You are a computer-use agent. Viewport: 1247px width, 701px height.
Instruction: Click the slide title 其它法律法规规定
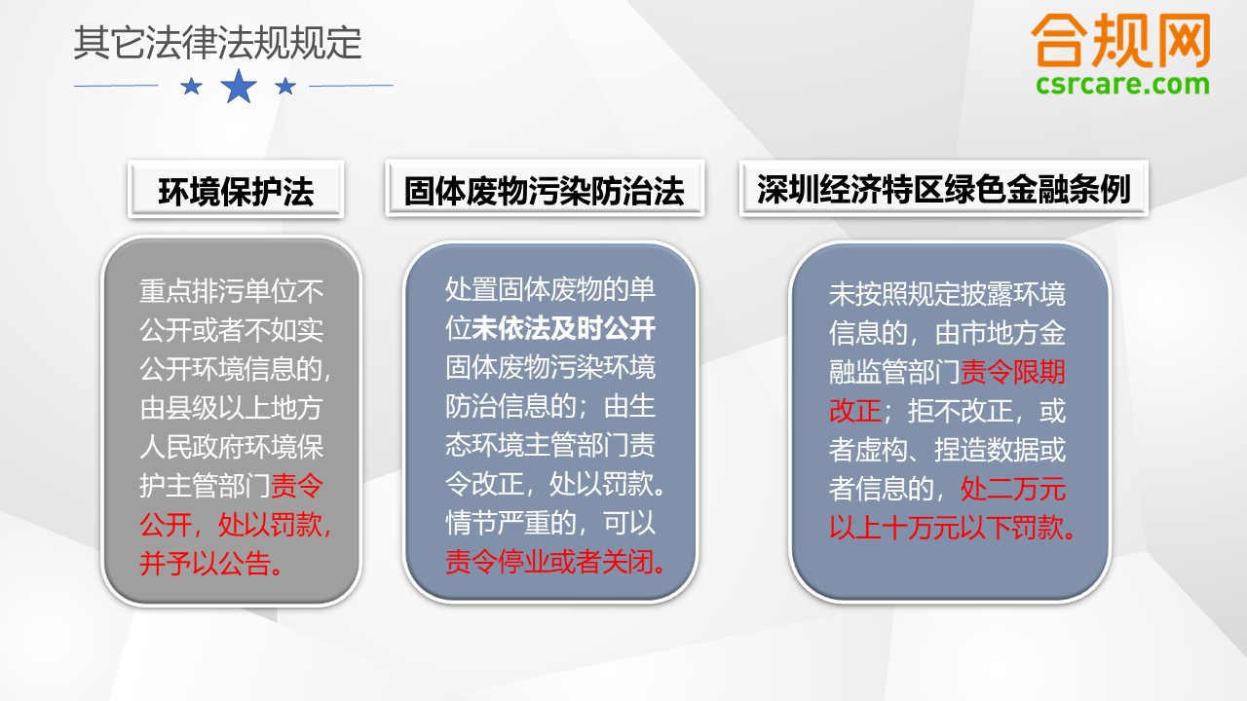tap(217, 43)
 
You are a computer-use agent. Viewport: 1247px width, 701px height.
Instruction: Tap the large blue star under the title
tap(239, 87)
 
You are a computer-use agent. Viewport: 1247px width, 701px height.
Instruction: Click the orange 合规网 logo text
tap(1121, 41)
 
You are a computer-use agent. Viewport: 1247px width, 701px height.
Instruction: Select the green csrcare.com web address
tap(1122, 85)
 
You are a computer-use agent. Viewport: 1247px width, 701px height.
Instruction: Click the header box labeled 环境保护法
tap(236, 189)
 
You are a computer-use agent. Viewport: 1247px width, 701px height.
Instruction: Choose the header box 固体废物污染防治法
tap(545, 189)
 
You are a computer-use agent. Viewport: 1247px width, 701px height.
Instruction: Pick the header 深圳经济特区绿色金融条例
tap(944, 188)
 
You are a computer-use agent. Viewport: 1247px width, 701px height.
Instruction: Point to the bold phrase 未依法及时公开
tap(563, 328)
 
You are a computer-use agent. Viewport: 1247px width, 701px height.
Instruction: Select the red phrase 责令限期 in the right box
tap(1012, 371)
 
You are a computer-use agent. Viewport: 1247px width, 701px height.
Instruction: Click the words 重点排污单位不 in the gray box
tap(231, 291)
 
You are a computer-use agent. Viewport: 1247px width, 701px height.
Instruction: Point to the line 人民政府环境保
tap(231, 447)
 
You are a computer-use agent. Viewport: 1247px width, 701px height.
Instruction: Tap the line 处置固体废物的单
tap(550, 289)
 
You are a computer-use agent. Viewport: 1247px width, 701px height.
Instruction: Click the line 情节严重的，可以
tap(550, 523)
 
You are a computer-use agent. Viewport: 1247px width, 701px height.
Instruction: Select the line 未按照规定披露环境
tap(947, 294)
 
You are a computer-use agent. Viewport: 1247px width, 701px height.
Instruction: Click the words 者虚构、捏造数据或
tap(947, 450)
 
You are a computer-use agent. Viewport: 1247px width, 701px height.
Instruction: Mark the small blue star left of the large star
tap(192, 87)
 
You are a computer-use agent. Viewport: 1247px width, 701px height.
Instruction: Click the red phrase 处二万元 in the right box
tap(1012, 488)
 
